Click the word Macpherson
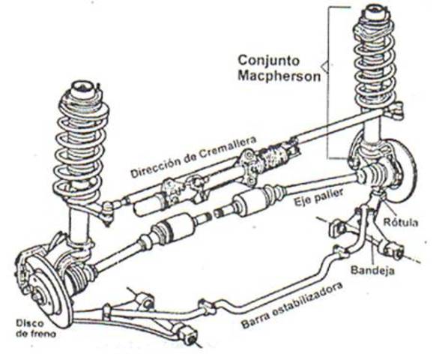pos(279,76)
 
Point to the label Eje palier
pos(319,197)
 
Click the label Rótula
pos(400,222)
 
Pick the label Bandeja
pos(372,271)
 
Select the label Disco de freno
pos(36,328)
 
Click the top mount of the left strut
pos(83,90)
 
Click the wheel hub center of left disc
pos(38,296)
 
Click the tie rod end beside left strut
pos(108,212)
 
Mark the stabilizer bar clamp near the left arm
pos(107,312)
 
